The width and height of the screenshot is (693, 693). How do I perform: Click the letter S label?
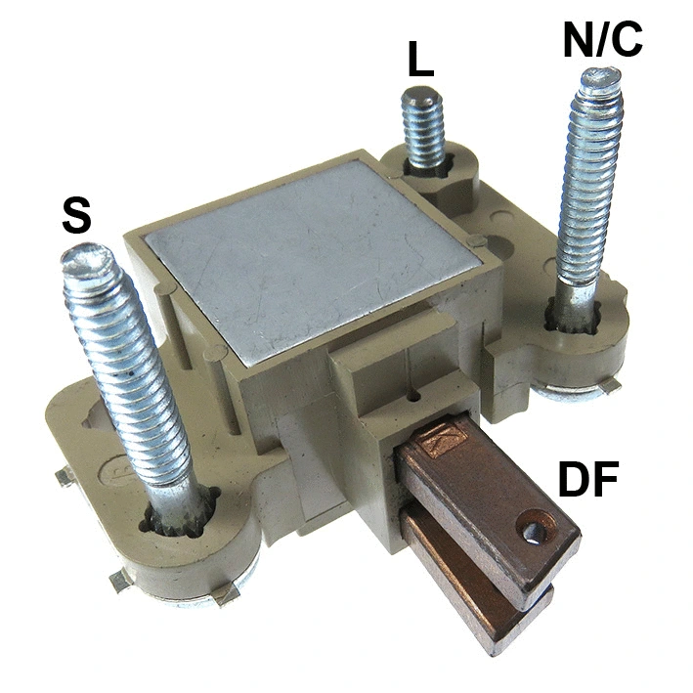[76, 216]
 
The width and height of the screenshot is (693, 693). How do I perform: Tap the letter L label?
[420, 61]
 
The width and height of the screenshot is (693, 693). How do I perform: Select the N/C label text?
[603, 40]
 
